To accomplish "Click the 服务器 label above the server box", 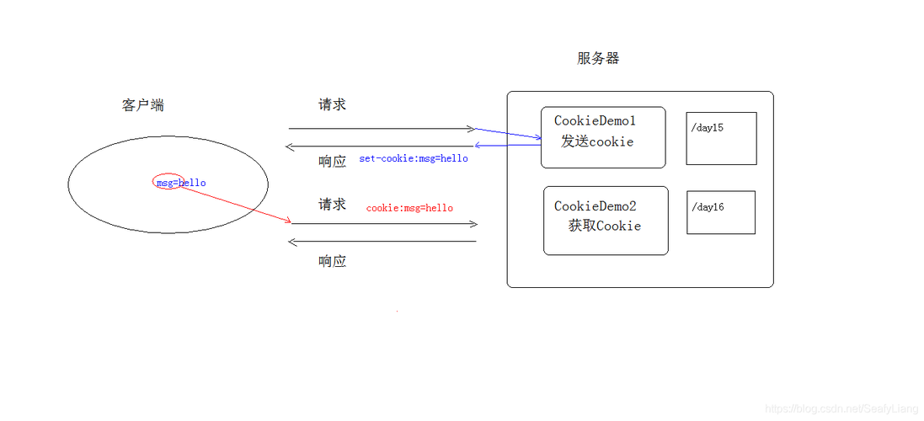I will [x=598, y=58].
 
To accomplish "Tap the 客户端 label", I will [x=143, y=105].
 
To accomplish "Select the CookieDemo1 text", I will [x=595, y=121].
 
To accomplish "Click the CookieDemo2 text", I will [x=595, y=206].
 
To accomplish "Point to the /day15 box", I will [x=721, y=138].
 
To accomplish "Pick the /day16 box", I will [x=720, y=212].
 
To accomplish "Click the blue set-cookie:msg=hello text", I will [x=414, y=158].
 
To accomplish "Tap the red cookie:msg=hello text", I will [x=409, y=208].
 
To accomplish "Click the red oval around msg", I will [x=168, y=182].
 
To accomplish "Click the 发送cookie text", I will [x=597, y=141].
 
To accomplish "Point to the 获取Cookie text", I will [x=604, y=226].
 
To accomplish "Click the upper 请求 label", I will [x=332, y=105].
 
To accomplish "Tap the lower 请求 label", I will [x=332, y=205].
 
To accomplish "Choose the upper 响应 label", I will [x=332, y=162].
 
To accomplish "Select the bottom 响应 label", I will [x=332, y=261].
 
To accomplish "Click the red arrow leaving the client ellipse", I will [x=236, y=205].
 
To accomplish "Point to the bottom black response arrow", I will [x=383, y=242].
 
